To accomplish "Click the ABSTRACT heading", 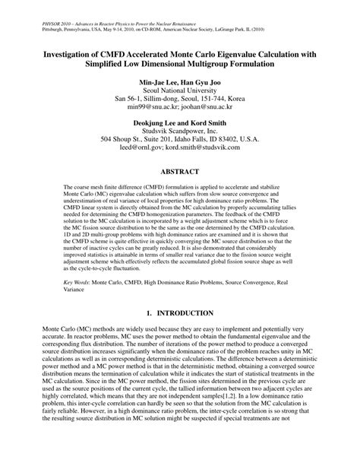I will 180,172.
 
